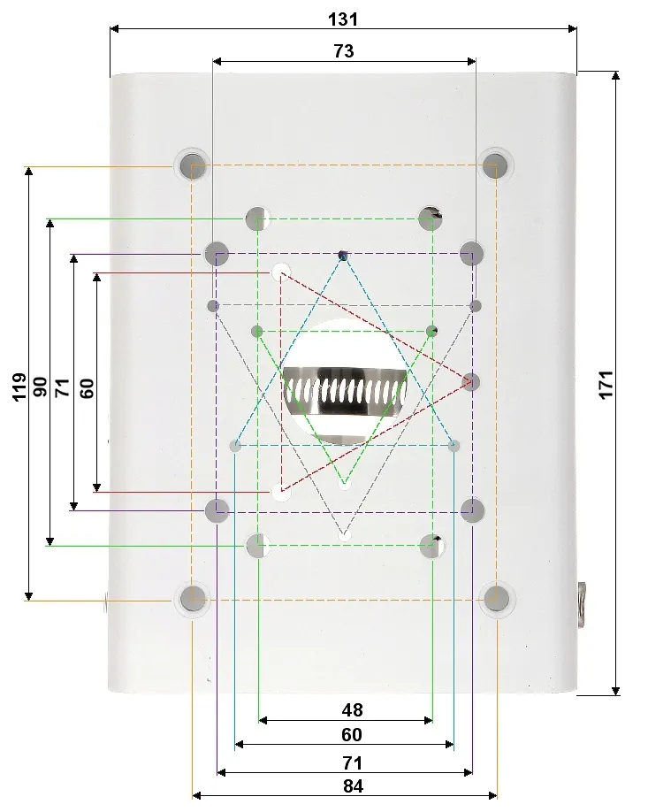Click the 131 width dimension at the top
(x=344, y=19)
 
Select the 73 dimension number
(x=344, y=51)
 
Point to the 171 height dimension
(x=606, y=385)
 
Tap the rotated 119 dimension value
(x=19, y=387)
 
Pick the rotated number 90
(x=41, y=387)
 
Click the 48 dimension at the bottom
(x=351, y=709)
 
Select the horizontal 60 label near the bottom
(x=351, y=735)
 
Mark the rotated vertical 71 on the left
(x=63, y=387)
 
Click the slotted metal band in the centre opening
(x=345, y=389)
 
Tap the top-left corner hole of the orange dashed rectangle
(x=192, y=165)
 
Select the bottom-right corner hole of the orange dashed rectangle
(x=498, y=598)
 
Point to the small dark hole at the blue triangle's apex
(x=343, y=256)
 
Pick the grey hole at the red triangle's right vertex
(x=472, y=382)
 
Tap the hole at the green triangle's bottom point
(x=344, y=484)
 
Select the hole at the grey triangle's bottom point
(x=344, y=534)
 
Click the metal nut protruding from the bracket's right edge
(x=583, y=603)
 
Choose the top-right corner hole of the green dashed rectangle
(x=431, y=216)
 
